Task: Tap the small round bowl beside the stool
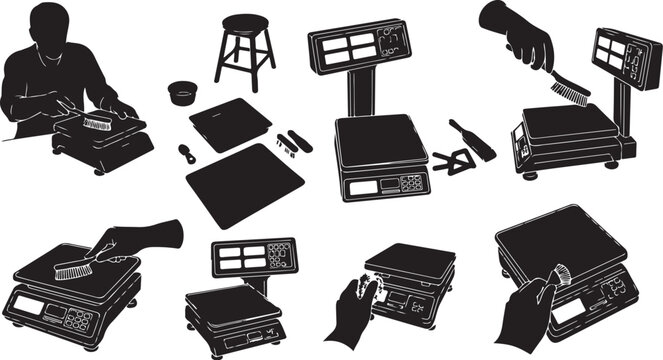[x=181, y=91]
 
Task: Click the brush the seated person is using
[x=97, y=123]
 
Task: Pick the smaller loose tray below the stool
[x=229, y=124]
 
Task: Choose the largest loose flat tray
[x=245, y=183]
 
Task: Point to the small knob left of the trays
[x=186, y=154]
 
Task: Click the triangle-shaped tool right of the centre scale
[x=455, y=163]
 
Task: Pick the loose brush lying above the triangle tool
[x=471, y=139]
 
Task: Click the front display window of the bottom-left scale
[x=29, y=304]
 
